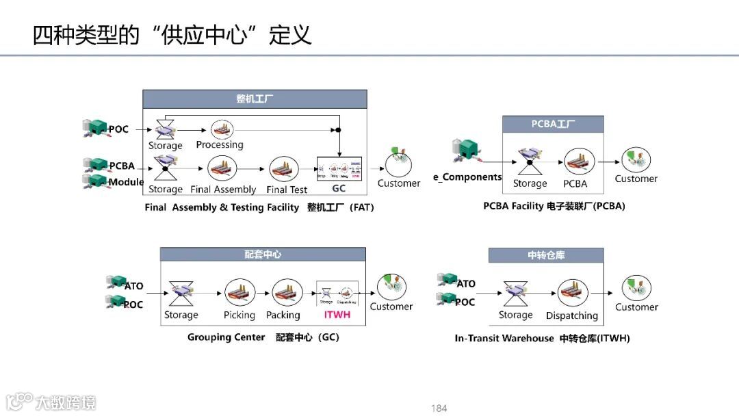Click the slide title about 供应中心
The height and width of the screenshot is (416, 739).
point(172,35)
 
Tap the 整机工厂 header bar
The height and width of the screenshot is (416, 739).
point(255,99)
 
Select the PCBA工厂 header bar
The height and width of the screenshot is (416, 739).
point(553,125)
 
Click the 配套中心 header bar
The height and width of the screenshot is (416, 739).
point(263,255)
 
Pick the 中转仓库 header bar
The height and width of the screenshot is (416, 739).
point(546,255)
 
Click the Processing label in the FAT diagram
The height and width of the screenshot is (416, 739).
point(220,145)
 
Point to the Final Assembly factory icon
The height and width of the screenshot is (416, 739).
point(222,168)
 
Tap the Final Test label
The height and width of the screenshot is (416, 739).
point(287,190)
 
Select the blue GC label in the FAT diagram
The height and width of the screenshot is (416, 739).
point(339,188)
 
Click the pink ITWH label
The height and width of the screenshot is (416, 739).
point(337,315)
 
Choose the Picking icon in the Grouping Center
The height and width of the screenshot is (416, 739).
point(239,293)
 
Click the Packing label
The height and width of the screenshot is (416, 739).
point(283,315)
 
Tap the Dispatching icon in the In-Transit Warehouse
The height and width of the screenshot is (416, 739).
point(573,294)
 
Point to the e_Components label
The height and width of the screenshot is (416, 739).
point(467,177)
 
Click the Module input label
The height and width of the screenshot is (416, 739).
point(126,182)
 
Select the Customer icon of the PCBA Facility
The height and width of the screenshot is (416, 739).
point(636,159)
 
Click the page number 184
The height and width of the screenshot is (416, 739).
point(439,408)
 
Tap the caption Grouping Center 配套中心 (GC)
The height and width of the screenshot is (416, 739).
point(263,337)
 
